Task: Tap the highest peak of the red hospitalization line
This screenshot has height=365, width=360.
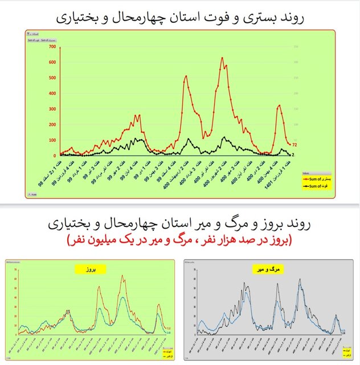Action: pyautogui.click(x=222, y=58)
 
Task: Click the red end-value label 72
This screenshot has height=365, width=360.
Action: pyautogui.click(x=296, y=145)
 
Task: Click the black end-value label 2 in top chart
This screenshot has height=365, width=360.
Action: pyautogui.click(x=294, y=155)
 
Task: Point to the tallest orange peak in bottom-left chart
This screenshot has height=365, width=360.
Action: pyautogui.click(x=122, y=276)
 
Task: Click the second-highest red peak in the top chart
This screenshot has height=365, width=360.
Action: pyautogui.click(x=186, y=76)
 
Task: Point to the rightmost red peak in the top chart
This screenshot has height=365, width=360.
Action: pyautogui.click(x=279, y=105)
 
